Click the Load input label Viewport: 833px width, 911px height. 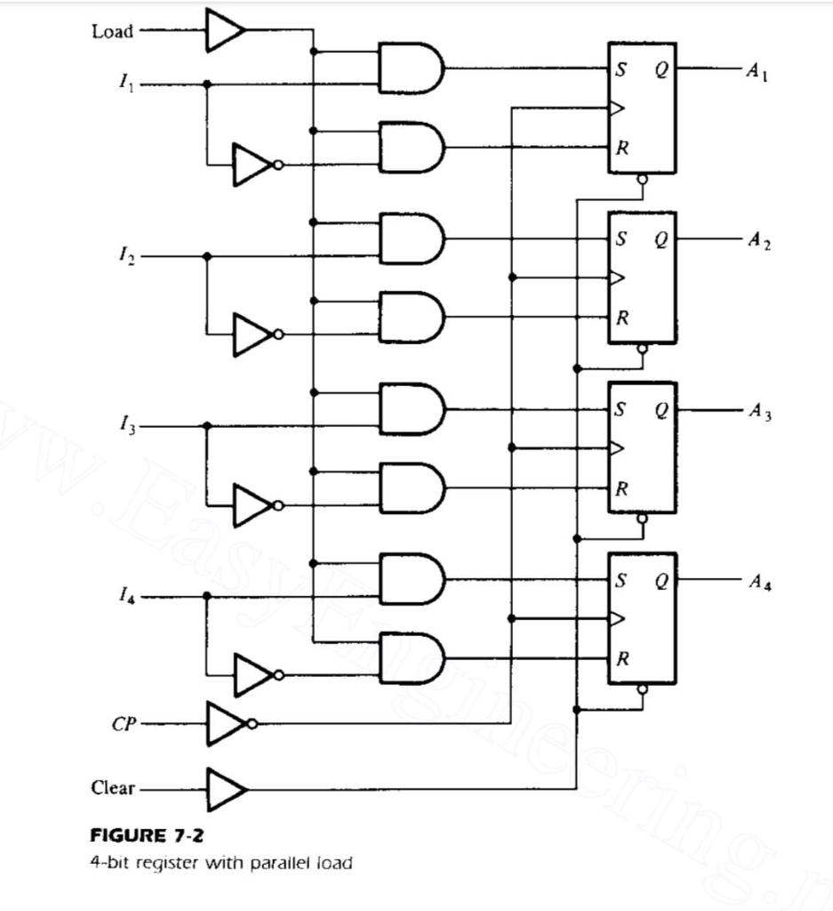pyautogui.click(x=112, y=31)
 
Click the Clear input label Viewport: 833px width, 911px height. pyautogui.click(x=113, y=788)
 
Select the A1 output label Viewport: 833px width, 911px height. pyautogui.click(x=757, y=72)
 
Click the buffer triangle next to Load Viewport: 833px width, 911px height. pyautogui.click(x=224, y=31)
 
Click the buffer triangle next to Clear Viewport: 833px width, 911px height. pyautogui.click(x=226, y=789)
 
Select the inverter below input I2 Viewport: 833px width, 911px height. pyautogui.click(x=255, y=335)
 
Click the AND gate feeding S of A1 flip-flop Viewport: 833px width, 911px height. pyautogui.click(x=410, y=69)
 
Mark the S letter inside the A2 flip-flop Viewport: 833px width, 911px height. pyautogui.click(x=621, y=238)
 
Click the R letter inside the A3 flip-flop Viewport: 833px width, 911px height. pyautogui.click(x=622, y=488)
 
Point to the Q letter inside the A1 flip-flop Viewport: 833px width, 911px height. pyautogui.click(x=661, y=69)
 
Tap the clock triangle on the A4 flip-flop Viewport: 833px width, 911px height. pyautogui.click(x=617, y=618)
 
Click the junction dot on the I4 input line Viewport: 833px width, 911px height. pyautogui.click(x=207, y=596)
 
